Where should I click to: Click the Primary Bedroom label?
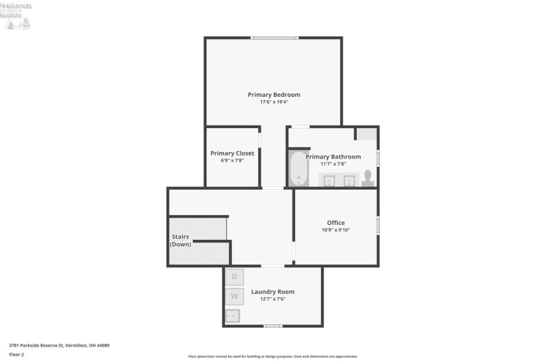pyautogui.click(x=274, y=95)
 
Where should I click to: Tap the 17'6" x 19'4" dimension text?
pyautogui.click(x=274, y=102)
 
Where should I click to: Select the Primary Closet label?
pyautogui.click(x=232, y=153)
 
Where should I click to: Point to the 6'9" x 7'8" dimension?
pyautogui.click(x=232, y=161)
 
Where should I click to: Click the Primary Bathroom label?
pyautogui.click(x=333, y=157)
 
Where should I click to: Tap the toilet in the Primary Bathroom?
pyautogui.click(x=368, y=178)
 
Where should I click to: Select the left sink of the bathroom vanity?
pyautogui.click(x=330, y=180)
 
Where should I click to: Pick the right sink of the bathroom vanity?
pyautogui.click(x=349, y=180)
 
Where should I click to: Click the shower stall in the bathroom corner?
pyautogui.click(x=367, y=134)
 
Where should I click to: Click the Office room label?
pyautogui.click(x=335, y=223)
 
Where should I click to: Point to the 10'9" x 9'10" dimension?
pyautogui.click(x=335, y=230)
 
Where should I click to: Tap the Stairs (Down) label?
pyautogui.click(x=180, y=240)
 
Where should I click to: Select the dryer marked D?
pyautogui.click(x=234, y=277)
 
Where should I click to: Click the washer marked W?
pyautogui.click(x=234, y=297)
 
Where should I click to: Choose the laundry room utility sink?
pyautogui.click(x=233, y=316)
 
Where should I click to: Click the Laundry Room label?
pyautogui.click(x=272, y=292)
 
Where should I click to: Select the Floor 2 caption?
pyautogui.click(x=16, y=354)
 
